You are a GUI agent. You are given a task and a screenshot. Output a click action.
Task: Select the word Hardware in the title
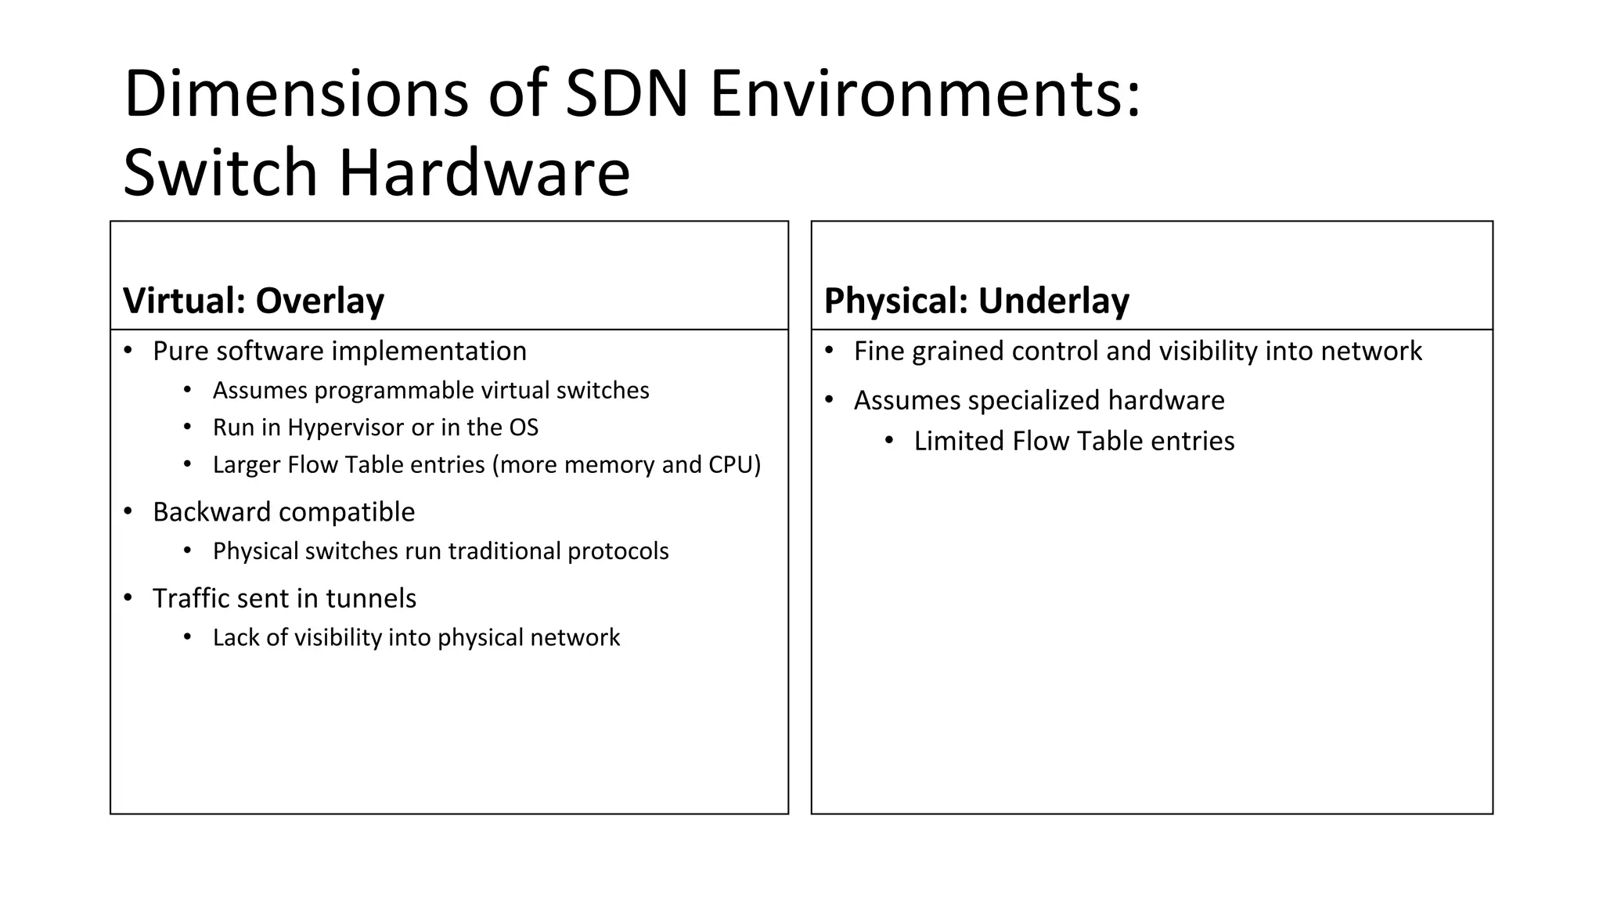tap(484, 172)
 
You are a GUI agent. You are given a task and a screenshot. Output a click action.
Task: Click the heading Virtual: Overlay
tap(254, 301)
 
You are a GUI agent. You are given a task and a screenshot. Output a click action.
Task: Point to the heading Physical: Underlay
tap(976, 301)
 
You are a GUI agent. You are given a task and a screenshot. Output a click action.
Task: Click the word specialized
tap(1034, 401)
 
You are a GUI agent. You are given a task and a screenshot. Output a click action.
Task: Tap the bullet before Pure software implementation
tap(128, 350)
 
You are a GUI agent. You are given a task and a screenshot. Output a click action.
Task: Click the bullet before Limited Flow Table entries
tap(889, 441)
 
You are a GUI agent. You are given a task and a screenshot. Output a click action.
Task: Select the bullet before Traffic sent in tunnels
tap(128, 598)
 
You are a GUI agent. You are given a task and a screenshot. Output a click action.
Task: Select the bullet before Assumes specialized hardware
tap(830, 400)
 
